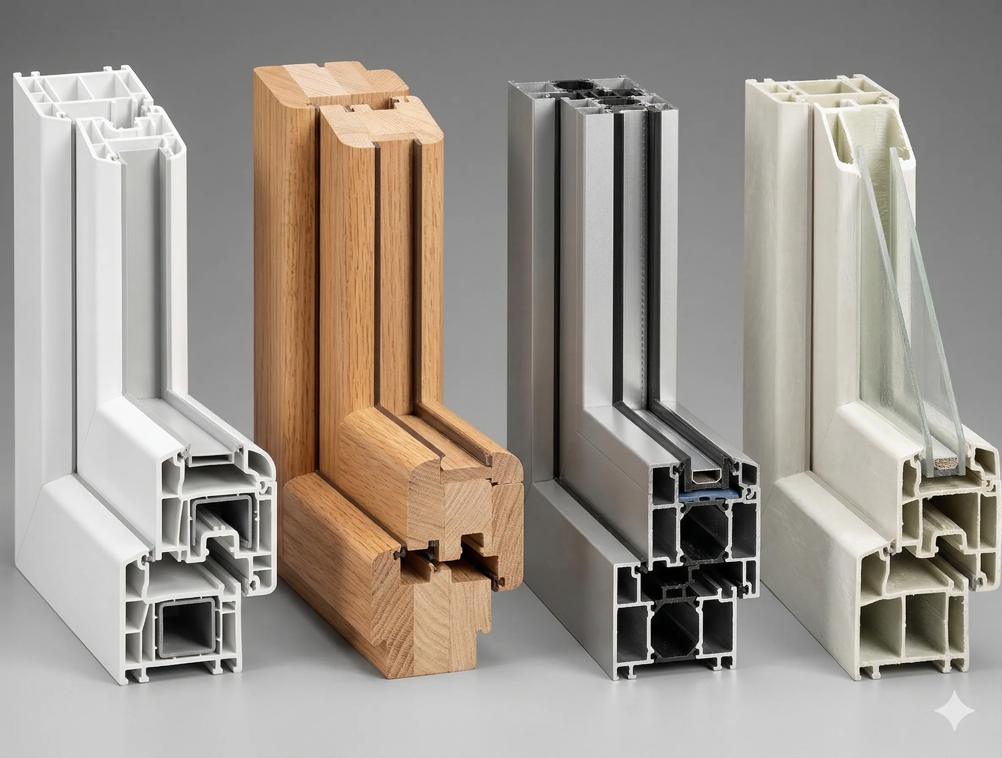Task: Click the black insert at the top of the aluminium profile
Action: [x=568, y=86]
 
